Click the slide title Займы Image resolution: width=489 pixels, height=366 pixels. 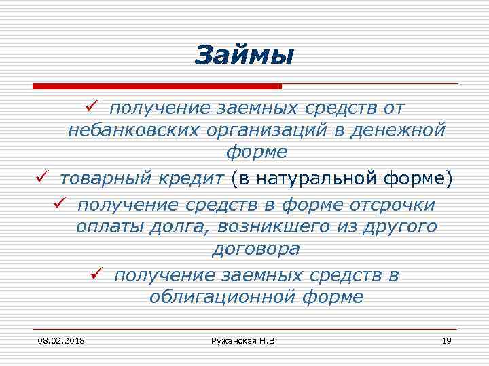pyautogui.click(x=244, y=55)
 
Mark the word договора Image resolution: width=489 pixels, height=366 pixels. pyautogui.click(x=256, y=249)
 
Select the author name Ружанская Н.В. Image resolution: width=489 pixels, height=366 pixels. pyautogui.click(x=244, y=339)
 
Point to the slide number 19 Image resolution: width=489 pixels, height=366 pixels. pyautogui.click(x=446, y=339)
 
